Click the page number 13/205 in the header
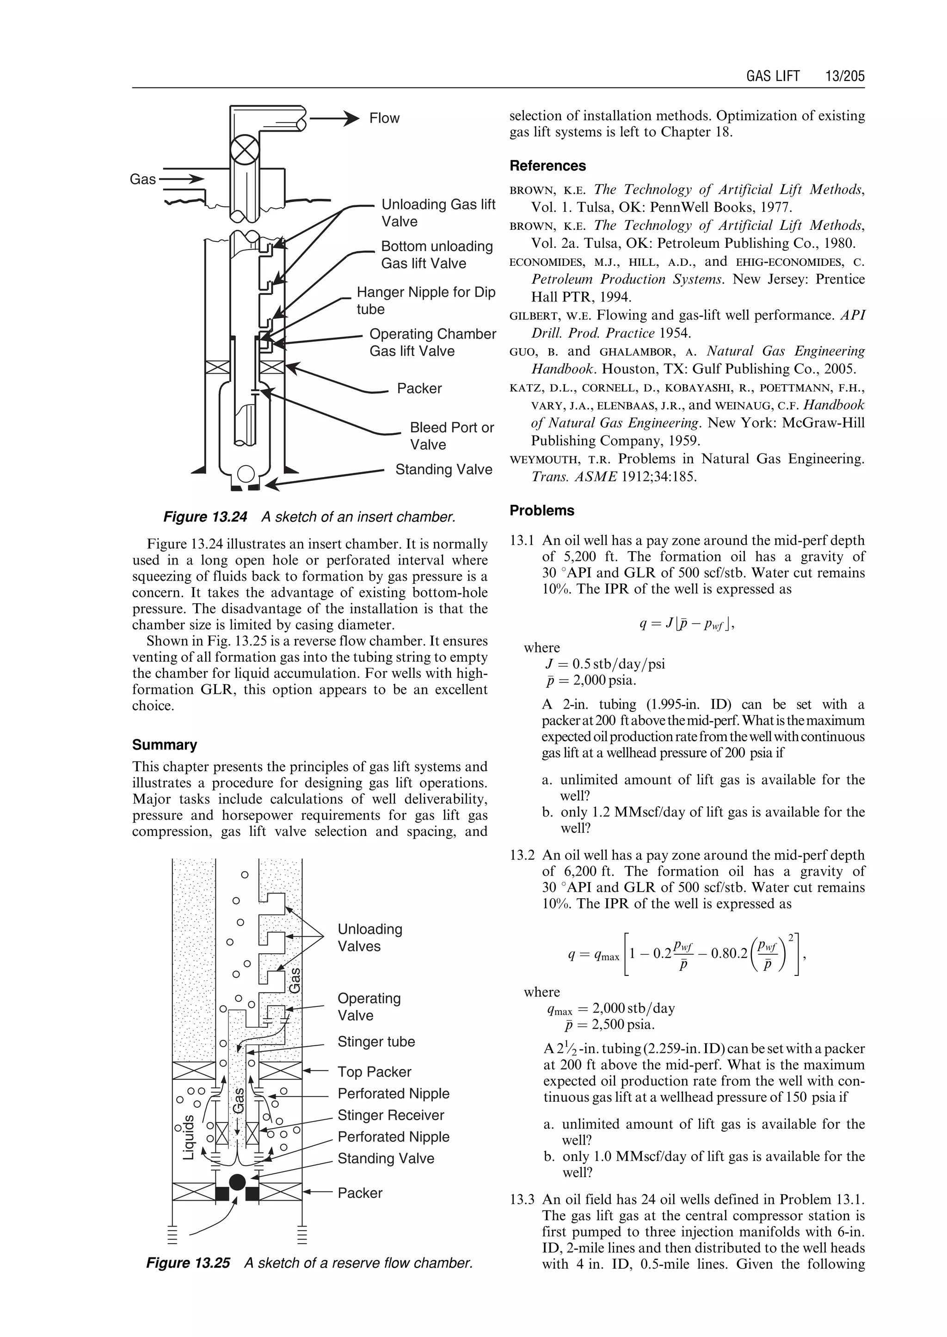[x=844, y=76]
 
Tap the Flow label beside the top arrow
[x=384, y=118]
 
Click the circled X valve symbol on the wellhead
[x=244, y=149]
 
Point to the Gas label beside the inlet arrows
[x=143, y=179]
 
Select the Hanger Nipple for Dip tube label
[x=426, y=301]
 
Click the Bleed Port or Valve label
[x=451, y=435]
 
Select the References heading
[x=547, y=166]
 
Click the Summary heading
[x=165, y=745]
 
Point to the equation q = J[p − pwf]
[x=686, y=625]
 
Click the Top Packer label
[x=375, y=1072]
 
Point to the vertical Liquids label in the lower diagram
[x=188, y=1137]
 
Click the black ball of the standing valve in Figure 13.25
[x=237, y=1182]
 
